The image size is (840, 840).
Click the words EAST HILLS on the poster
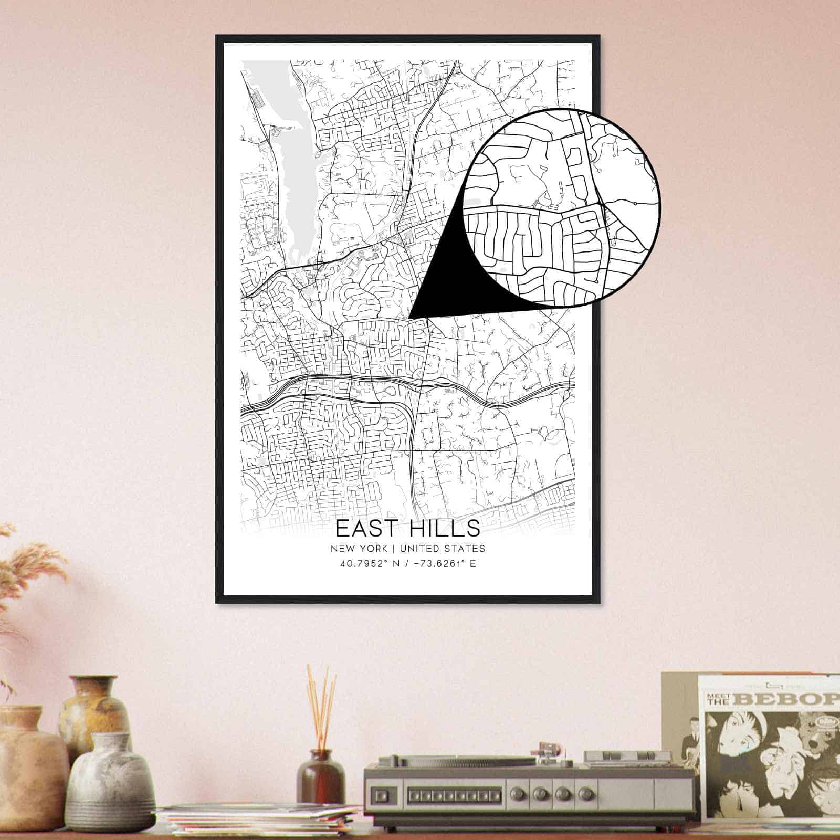(x=407, y=527)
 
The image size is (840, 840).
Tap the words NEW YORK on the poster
(x=359, y=549)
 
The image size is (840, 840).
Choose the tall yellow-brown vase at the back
(x=95, y=709)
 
